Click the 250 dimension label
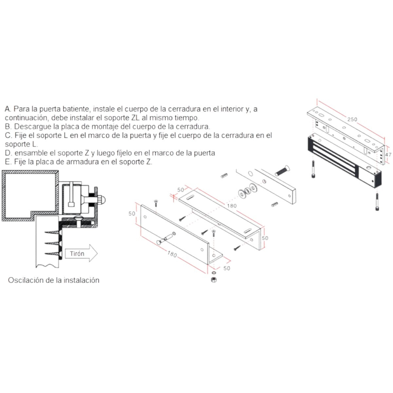[x=352, y=119]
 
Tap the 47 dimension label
[x=388, y=155]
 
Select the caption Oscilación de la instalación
[x=53, y=280]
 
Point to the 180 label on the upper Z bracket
[x=231, y=206]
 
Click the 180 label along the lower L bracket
[x=172, y=254]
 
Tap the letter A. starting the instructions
[x=8, y=109]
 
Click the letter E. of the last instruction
[x=8, y=162]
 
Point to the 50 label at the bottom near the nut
[x=227, y=268]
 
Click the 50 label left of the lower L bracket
[x=132, y=214]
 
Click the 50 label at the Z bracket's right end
[x=265, y=238]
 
